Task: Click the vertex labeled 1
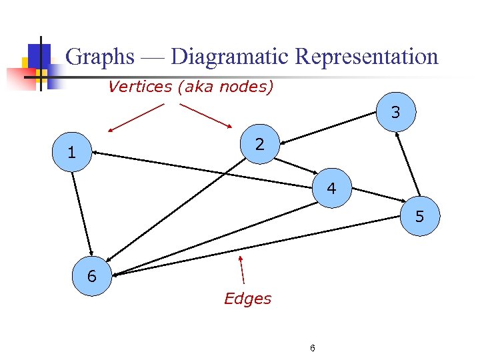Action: coord(71,153)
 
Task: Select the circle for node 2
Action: coord(260,143)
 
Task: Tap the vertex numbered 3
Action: coord(396,113)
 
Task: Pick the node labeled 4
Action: coord(331,189)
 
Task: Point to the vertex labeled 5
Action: coord(419,216)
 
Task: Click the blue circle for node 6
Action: coord(92,275)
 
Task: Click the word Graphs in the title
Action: coord(101,57)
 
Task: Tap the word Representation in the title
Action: coord(367,57)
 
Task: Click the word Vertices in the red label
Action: coord(140,87)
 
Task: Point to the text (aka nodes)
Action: coord(226,87)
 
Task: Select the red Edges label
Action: coord(247,299)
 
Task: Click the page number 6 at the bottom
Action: coord(313,348)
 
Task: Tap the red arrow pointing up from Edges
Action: coord(242,270)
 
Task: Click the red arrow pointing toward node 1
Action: coord(137,117)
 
